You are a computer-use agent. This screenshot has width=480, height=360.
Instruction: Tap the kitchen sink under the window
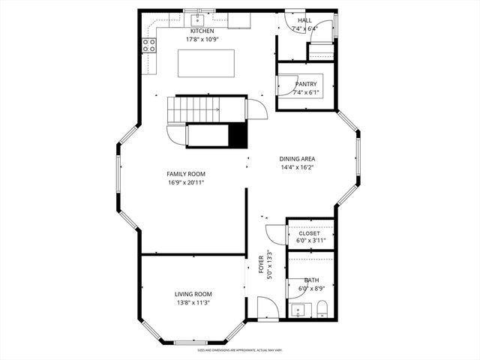[x=199, y=18]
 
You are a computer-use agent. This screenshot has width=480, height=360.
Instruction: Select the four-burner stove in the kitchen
[x=148, y=45]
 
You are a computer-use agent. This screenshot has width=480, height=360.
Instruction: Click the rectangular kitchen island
[x=205, y=62]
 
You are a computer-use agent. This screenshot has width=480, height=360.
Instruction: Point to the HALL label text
[x=304, y=20]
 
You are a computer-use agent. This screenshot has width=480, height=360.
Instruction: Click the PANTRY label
[x=305, y=84]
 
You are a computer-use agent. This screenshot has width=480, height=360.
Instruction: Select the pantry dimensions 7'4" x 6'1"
[x=305, y=92]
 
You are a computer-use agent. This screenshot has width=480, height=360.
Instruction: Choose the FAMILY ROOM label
[x=185, y=174]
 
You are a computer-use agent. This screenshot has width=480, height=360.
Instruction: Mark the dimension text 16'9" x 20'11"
[x=185, y=182]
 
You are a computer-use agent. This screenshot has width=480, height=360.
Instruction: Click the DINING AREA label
[x=297, y=159]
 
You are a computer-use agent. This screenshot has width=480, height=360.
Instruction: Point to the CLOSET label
[x=309, y=234]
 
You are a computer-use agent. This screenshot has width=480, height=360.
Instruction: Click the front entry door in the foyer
[x=267, y=307]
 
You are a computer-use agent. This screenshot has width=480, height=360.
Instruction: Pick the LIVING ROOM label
[x=193, y=294]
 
